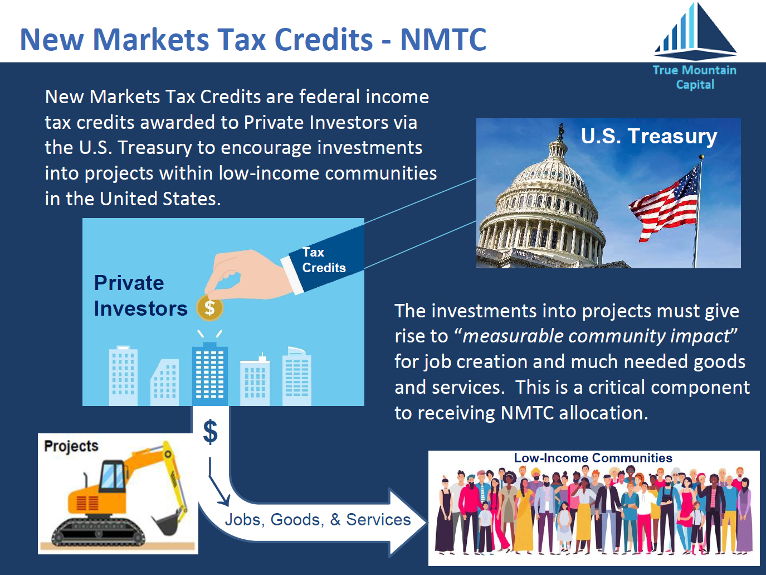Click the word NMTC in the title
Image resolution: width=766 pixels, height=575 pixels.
tap(443, 40)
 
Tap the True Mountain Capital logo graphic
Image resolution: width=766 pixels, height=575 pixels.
tap(695, 31)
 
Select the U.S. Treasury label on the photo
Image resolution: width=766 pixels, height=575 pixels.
tap(649, 136)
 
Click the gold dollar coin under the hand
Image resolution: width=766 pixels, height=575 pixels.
tap(209, 308)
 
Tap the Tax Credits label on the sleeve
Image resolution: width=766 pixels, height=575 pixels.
tap(324, 260)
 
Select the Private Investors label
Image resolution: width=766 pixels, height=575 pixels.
tap(140, 296)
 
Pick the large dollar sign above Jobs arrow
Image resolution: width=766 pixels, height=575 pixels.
tap(211, 432)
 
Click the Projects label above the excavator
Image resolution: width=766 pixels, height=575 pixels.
tap(71, 447)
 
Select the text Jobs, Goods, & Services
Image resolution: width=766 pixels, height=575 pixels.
tap(318, 520)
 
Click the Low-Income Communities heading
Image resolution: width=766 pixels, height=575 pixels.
tap(593, 458)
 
